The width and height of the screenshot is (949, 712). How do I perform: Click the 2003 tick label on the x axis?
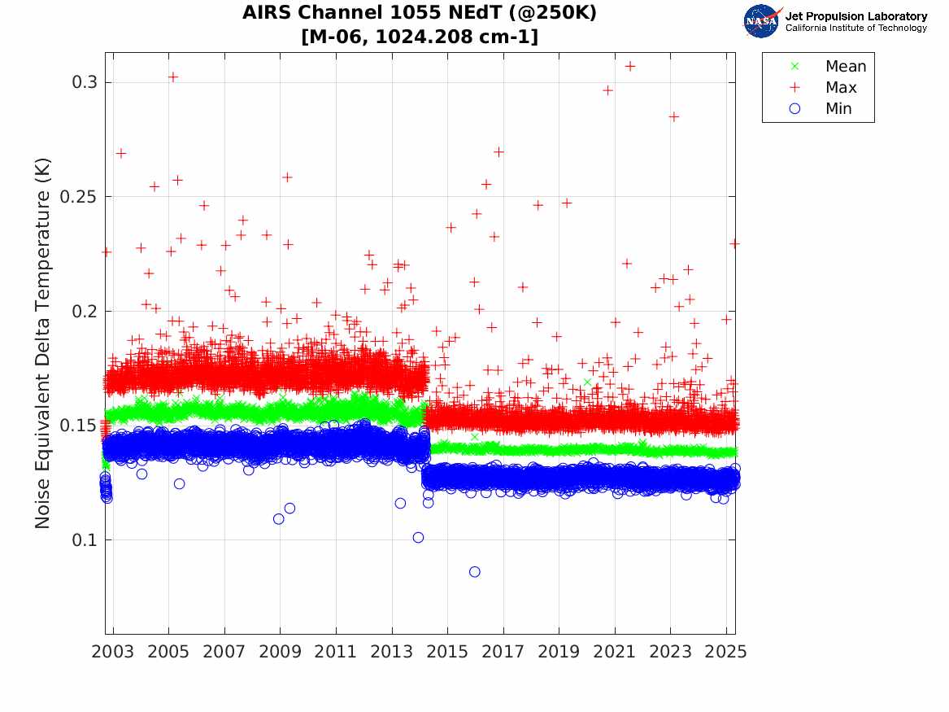pyautogui.click(x=113, y=652)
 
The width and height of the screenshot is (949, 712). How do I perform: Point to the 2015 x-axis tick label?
pyautogui.click(x=447, y=652)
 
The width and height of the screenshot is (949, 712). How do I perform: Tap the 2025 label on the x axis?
pyautogui.click(x=726, y=652)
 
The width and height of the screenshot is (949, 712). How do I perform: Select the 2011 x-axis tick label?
pyautogui.click(x=336, y=652)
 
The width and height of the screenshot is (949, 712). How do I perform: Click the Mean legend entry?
pyautogui.click(x=846, y=67)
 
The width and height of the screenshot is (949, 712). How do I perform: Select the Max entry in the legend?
pyautogui.click(x=841, y=88)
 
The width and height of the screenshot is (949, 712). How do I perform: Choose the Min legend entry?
pyautogui.click(x=839, y=109)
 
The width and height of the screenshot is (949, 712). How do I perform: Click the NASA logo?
pyautogui.click(x=761, y=21)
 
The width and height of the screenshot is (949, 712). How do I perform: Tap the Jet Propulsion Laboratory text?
pyautogui.click(x=855, y=16)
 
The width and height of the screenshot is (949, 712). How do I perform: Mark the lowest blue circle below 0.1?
pyautogui.click(x=475, y=572)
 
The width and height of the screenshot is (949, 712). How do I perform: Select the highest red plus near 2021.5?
pyautogui.click(x=630, y=66)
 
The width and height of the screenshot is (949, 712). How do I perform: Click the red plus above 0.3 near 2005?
pyautogui.click(x=172, y=77)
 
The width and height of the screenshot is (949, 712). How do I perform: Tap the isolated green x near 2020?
pyautogui.click(x=587, y=382)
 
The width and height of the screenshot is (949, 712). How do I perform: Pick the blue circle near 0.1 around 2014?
pyautogui.click(x=418, y=537)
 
